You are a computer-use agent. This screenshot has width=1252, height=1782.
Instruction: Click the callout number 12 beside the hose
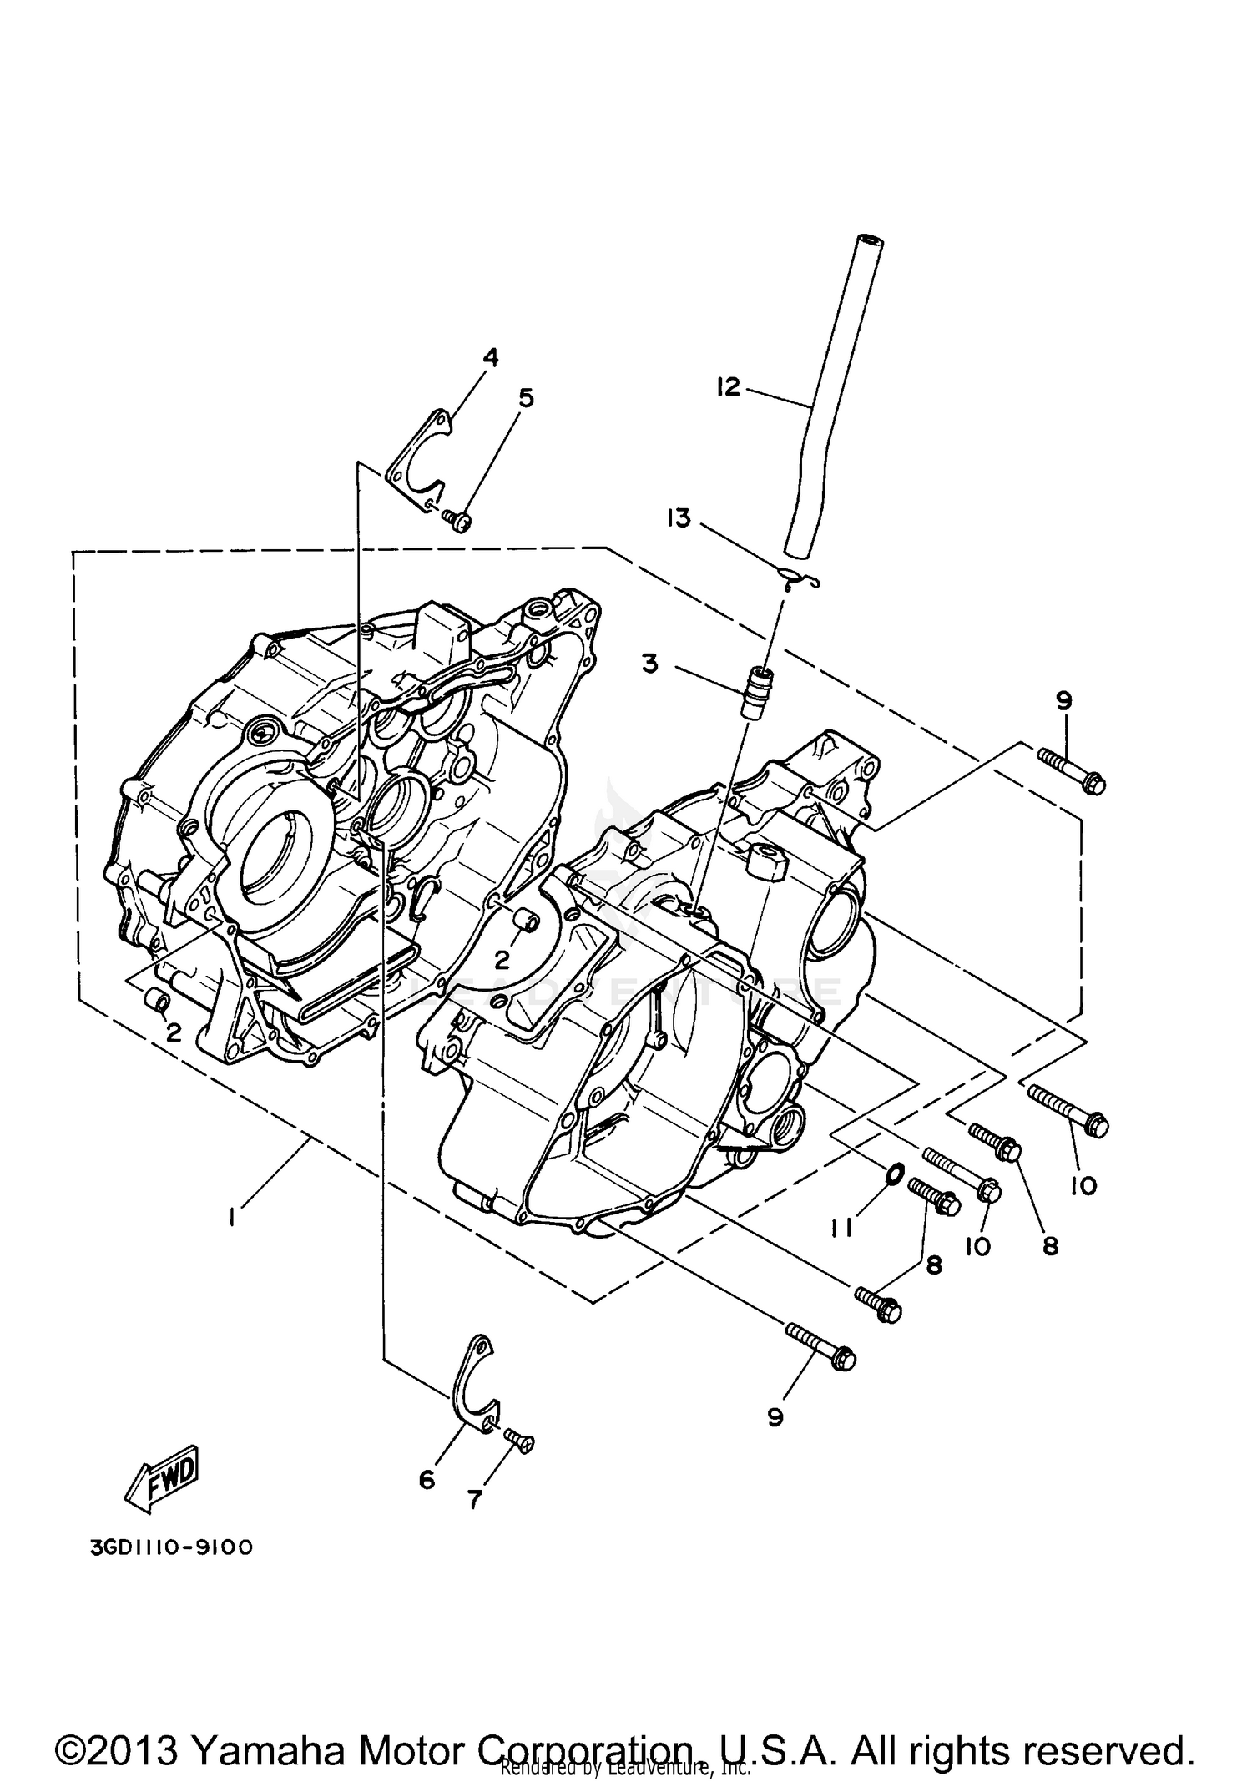click(728, 387)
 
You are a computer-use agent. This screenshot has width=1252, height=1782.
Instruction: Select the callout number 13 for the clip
click(679, 518)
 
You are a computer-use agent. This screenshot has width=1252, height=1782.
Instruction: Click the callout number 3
click(649, 664)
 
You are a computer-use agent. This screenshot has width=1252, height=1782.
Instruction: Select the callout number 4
click(491, 358)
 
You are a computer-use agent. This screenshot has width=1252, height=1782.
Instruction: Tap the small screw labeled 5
click(457, 520)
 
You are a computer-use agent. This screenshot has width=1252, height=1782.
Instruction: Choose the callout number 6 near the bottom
click(427, 1480)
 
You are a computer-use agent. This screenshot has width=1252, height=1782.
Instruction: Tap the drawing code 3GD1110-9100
click(170, 1547)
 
